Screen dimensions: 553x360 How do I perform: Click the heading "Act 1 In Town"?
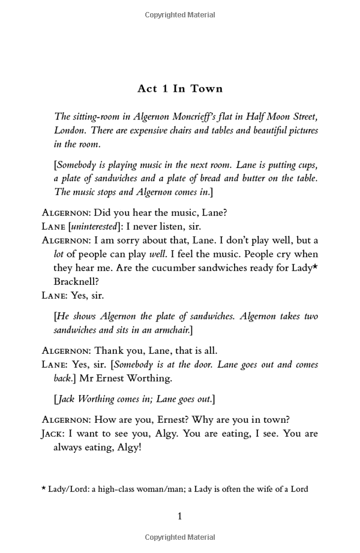180,89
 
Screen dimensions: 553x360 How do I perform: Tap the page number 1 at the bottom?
179,516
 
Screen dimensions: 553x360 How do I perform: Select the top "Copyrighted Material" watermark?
179,15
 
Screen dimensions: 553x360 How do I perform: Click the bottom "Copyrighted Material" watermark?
179,537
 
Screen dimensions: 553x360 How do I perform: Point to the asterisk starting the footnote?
44,488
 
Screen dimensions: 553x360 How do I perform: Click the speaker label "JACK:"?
53,434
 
